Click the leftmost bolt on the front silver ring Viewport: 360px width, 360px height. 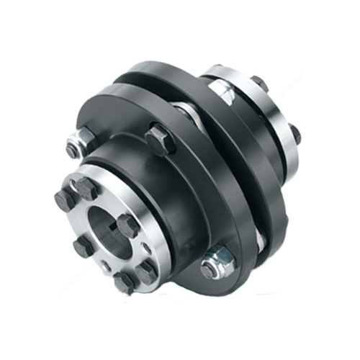click(63, 201)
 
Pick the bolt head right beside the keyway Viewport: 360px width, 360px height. click(127, 225)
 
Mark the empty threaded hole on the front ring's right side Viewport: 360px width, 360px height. click(146, 248)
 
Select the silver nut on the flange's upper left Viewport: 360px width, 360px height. click(75, 148)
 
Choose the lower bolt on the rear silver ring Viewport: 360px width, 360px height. click(294, 133)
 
